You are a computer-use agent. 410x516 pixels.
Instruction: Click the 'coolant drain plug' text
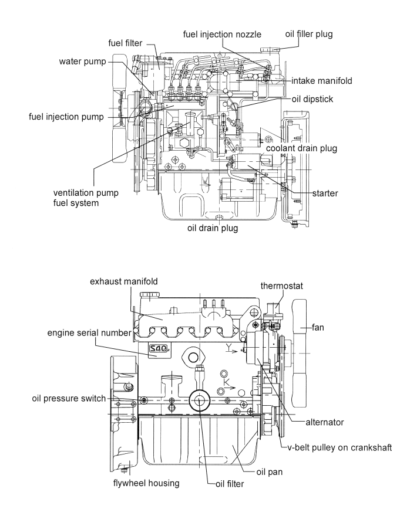click(301, 148)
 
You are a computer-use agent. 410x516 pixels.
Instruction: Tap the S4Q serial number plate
click(159, 350)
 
